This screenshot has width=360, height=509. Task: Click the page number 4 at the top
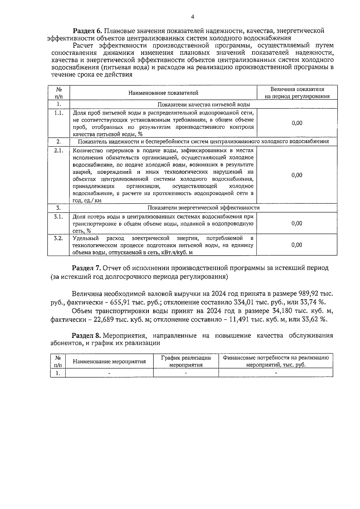pyautogui.click(x=193, y=17)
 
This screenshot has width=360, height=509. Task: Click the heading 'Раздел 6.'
pyautogui.click(x=88, y=31)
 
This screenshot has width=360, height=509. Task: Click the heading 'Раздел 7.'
pyautogui.click(x=87, y=268)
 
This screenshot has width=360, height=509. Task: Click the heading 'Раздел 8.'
pyautogui.click(x=87, y=335)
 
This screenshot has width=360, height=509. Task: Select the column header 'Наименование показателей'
pyautogui.click(x=163, y=93)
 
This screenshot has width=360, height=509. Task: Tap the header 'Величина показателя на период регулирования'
pyautogui.click(x=297, y=93)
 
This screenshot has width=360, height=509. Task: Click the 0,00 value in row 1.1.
pyautogui.click(x=297, y=123)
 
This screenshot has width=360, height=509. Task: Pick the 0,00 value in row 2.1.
pyautogui.click(x=297, y=175)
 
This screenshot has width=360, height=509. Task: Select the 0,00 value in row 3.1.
pyautogui.click(x=297, y=223)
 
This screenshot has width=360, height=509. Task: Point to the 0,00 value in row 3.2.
pyautogui.click(x=297, y=245)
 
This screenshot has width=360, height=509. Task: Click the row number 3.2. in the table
pyautogui.click(x=58, y=238)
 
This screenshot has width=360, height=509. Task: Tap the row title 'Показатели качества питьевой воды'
pyautogui.click(x=204, y=104)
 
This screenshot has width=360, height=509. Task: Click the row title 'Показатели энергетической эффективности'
pyautogui.click(x=204, y=208)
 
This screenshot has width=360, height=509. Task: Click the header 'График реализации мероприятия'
pyautogui.click(x=186, y=361)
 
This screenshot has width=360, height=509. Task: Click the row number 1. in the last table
pyautogui.click(x=58, y=373)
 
